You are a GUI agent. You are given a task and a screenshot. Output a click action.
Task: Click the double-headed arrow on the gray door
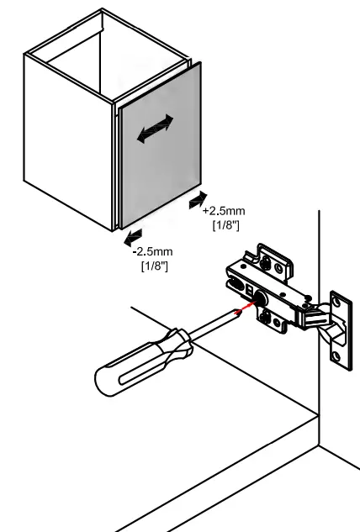pos(156,129)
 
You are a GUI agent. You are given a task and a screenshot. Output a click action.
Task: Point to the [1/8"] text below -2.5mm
pos(154,266)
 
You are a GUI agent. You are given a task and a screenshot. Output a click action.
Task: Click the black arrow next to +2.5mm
pos(197,199)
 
